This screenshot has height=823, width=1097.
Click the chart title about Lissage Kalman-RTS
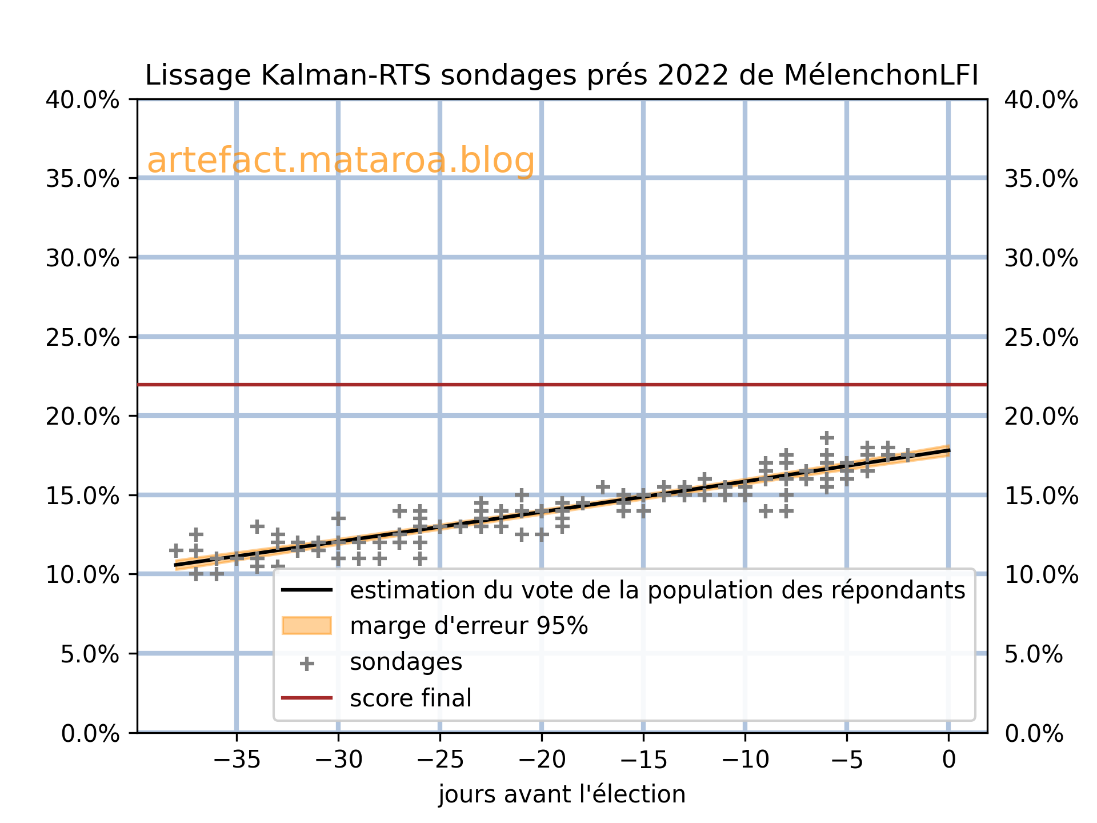point(561,75)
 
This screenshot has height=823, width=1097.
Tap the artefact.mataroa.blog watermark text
point(341,161)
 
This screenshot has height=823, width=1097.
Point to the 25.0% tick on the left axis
point(83,337)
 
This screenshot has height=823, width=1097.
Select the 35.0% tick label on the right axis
point(1041,179)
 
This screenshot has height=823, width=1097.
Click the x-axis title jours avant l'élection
point(561,794)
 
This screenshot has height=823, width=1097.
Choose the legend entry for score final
point(410,698)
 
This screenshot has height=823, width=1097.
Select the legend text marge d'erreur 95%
point(469,626)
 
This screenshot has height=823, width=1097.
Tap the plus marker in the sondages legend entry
point(307,663)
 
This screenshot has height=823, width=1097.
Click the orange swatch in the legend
point(307,626)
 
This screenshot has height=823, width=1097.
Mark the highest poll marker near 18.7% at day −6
point(827,438)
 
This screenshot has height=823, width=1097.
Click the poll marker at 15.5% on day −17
point(603,487)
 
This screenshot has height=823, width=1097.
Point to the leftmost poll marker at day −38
point(176,550)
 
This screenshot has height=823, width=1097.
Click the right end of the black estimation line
point(948,450)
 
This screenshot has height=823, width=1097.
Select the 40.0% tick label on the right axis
point(1041,101)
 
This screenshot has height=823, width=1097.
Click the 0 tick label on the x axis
point(948,760)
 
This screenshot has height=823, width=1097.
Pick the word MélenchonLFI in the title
point(881,75)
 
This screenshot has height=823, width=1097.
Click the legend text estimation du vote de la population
point(657,590)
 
